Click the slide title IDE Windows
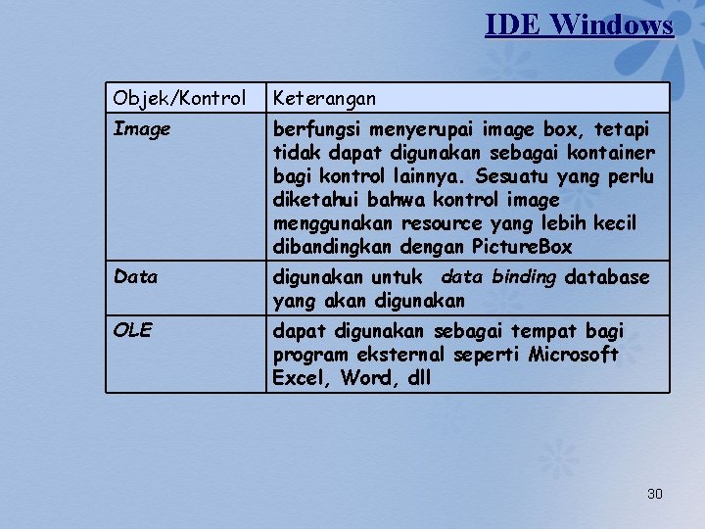pyautogui.click(x=579, y=24)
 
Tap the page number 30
pyautogui.click(x=654, y=494)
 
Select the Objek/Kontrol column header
pyautogui.click(x=179, y=98)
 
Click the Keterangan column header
pyautogui.click(x=324, y=98)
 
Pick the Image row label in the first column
pyautogui.click(x=142, y=128)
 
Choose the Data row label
pyautogui.click(x=135, y=277)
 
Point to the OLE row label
pyautogui.click(x=132, y=330)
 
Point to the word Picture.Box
pyautogui.click(x=522, y=247)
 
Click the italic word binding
pyautogui.click(x=523, y=277)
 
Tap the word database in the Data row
pyautogui.click(x=607, y=277)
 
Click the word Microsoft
pyautogui.click(x=573, y=354)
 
